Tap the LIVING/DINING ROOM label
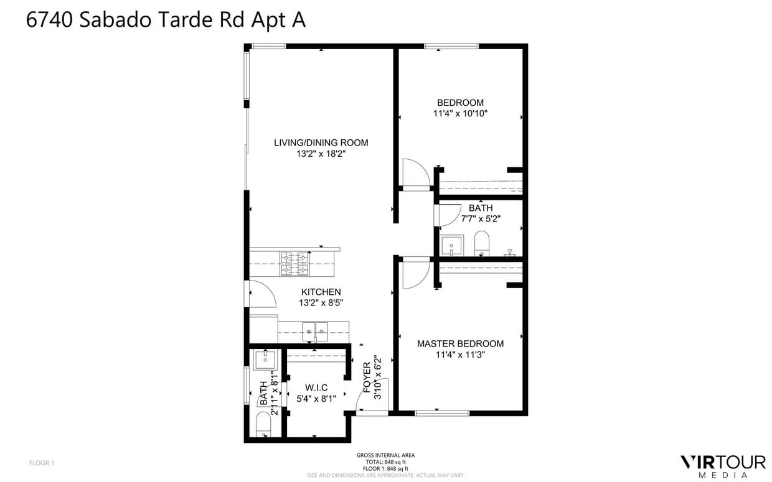point(321,142)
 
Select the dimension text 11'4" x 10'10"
point(460,114)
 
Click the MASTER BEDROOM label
point(460,343)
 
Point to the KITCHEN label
point(321,292)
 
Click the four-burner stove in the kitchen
point(295,263)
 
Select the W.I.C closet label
point(316,387)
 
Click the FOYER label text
point(367,378)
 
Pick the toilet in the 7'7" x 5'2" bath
point(482,243)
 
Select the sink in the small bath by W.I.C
point(266,359)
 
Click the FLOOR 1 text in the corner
point(42,463)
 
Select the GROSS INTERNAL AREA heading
point(385,455)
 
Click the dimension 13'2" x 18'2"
point(321,154)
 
